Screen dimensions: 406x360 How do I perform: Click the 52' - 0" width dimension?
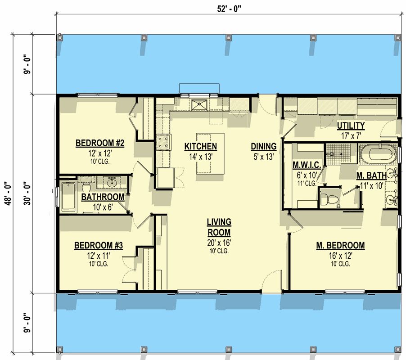point(229,9)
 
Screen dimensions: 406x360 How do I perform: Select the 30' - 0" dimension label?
point(28,194)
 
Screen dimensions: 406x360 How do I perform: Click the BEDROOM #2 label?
point(100,143)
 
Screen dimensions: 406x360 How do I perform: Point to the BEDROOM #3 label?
point(99,245)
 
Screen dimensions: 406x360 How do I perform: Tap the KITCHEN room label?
point(200,147)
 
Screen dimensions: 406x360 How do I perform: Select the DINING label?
point(264,147)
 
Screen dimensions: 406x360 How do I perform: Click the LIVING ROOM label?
point(219,227)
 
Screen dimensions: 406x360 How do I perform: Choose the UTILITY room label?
point(351,126)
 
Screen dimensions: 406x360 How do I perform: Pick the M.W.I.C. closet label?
point(307,165)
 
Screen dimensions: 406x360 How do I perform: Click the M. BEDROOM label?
point(340,245)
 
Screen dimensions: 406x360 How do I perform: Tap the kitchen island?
point(210,153)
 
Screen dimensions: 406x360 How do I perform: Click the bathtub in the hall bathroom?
point(68,197)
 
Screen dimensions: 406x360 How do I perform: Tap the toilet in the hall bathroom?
point(86,185)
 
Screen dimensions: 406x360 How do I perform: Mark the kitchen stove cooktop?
point(163,142)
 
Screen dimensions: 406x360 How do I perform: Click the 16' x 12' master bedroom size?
point(340,256)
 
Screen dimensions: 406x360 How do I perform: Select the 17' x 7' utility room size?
point(351,136)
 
